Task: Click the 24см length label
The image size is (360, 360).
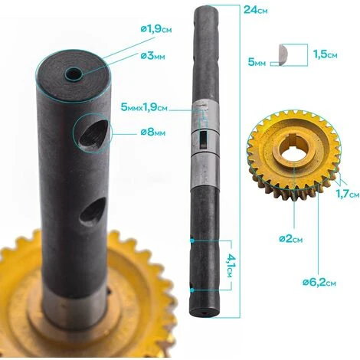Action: click(x=256, y=10)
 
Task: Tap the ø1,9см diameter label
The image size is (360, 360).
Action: click(x=156, y=29)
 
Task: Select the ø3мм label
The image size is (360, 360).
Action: click(x=152, y=56)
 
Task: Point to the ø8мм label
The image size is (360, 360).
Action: click(x=152, y=133)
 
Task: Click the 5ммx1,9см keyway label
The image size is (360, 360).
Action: click(x=144, y=107)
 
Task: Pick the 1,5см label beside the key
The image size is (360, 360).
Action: click(x=325, y=54)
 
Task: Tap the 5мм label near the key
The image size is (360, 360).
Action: click(x=257, y=62)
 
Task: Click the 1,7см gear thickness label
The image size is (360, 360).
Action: click(x=347, y=195)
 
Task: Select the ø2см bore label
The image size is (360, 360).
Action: click(x=291, y=239)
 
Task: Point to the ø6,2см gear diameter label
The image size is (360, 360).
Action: click(x=319, y=283)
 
